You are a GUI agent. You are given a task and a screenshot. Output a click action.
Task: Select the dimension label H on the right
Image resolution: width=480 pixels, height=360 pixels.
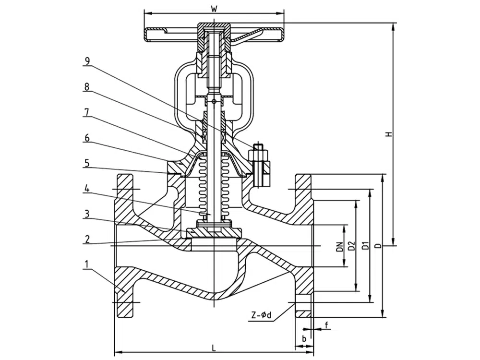[x=389, y=133]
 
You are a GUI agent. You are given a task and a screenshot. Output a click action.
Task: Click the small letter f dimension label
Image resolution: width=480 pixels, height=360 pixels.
[x=326, y=325]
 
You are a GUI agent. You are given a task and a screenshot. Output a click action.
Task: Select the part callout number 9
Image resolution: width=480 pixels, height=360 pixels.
[x=87, y=61]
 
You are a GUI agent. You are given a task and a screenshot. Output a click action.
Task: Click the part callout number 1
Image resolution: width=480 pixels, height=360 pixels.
[x=87, y=264]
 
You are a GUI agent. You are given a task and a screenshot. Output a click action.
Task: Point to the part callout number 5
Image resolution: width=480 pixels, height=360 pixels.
[x=87, y=163]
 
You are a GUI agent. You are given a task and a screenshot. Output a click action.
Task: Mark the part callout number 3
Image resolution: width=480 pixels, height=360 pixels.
[x=87, y=214]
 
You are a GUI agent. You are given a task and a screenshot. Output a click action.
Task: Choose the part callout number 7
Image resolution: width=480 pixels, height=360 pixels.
[x=87, y=112]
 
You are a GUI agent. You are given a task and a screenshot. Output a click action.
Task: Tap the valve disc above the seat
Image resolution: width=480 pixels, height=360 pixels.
[x=214, y=232]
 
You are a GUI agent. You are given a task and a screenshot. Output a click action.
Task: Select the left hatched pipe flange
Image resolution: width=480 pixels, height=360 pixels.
[x=124, y=245]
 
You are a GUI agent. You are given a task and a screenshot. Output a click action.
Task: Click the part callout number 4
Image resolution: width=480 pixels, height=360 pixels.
[x=87, y=189]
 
